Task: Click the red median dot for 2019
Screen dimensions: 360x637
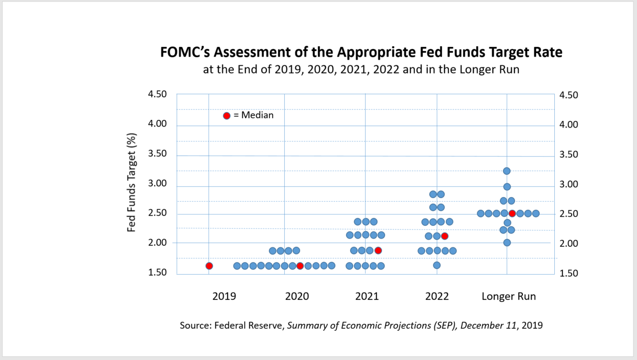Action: click(209, 266)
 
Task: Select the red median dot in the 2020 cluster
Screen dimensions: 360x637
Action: click(300, 266)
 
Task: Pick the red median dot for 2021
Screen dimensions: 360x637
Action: click(378, 250)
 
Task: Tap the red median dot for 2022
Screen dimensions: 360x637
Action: click(445, 236)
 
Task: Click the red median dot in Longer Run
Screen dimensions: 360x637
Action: click(512, 213)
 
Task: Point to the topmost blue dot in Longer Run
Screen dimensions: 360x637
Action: click(506, 171)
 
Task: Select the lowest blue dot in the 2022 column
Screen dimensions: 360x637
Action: click(436, 265)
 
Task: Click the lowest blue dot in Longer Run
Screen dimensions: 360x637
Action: click(506, 243)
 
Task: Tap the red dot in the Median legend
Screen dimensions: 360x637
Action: click(227, 116)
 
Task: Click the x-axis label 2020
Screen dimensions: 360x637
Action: click(297, 297)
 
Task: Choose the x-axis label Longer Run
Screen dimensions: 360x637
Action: click(508, 297)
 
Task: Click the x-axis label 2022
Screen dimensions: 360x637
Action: click(437, 297)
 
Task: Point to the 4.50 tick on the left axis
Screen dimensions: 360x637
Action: click(157, 94)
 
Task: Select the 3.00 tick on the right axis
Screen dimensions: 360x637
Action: click(569, 185)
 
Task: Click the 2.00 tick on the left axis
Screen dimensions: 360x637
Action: click(157, 243)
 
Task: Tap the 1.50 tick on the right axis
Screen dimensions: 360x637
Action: click(569, 273)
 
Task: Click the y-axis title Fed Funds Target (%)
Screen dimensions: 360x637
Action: click(132, 183)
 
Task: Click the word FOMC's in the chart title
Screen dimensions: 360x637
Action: click(185, 52)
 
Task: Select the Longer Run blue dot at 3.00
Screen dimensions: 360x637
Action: click(506, 187)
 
